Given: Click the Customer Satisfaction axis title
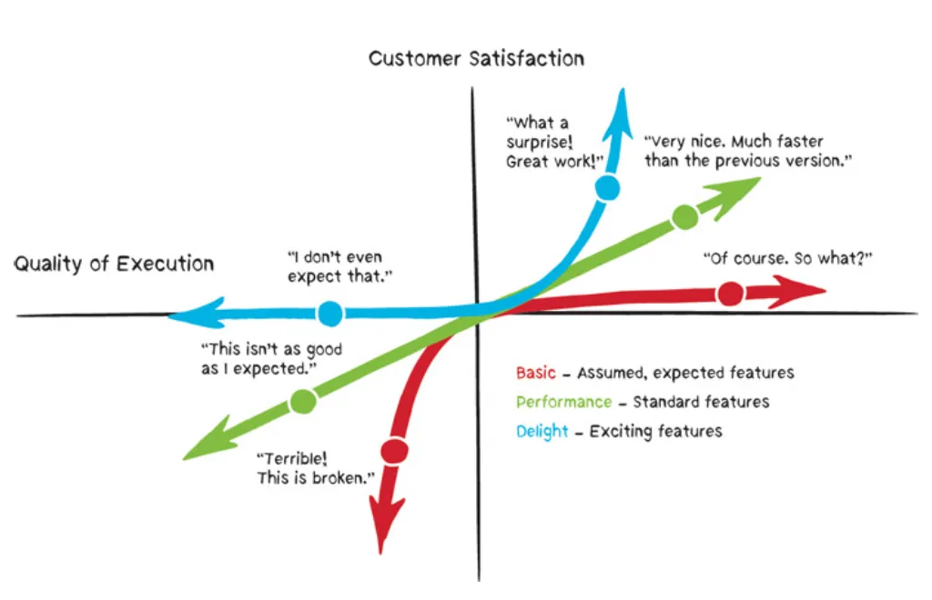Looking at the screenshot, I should pos(476,59).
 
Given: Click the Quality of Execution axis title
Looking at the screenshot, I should pos(114,265).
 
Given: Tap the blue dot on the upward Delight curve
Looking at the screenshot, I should pos(608,188).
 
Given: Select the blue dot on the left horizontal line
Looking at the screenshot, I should pos(330,315).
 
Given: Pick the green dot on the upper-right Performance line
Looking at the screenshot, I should pos(684,217).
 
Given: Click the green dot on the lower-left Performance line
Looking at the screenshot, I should pos(303,400).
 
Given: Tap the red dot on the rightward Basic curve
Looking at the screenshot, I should pos(730,294).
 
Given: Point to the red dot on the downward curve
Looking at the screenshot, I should pos(393,449).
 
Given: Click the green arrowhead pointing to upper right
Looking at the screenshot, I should pos(743,187).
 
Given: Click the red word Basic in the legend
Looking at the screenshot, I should pos(536,373).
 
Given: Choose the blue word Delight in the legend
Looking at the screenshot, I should pos(542,431).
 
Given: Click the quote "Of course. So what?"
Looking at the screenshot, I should pos(788,258).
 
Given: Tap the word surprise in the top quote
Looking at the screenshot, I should pos(540,143).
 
